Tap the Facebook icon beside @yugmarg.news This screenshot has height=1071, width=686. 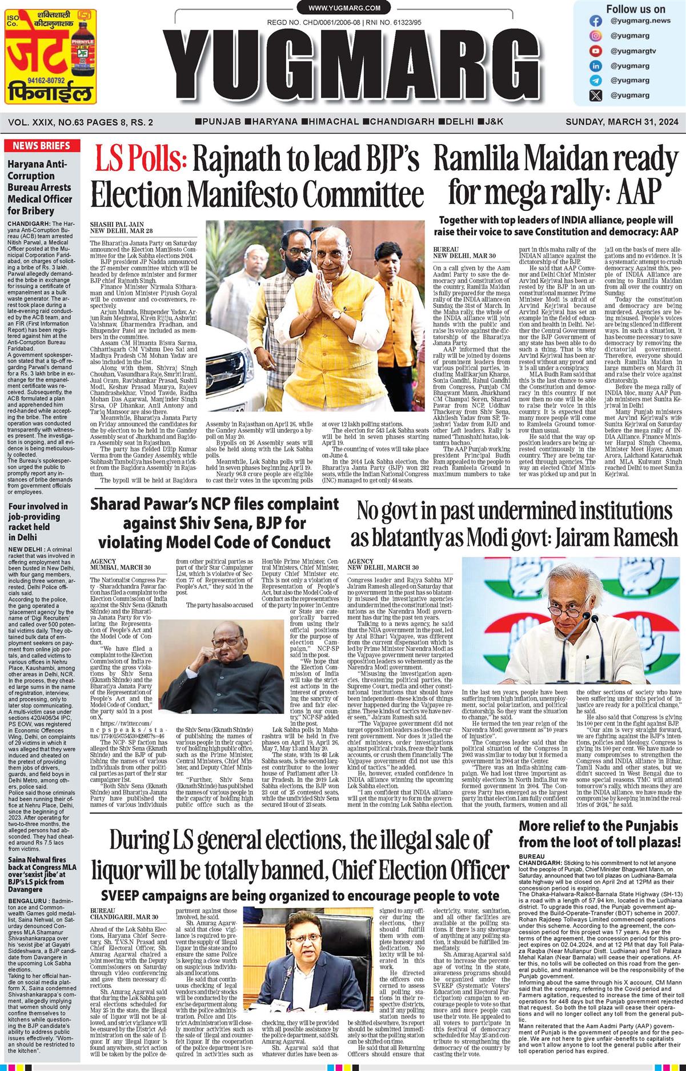[x=596, y=21]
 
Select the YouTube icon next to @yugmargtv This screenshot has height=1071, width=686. [x=596, y=51]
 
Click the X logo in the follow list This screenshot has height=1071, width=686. [x=596, y=95]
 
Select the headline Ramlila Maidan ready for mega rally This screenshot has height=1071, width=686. [x=556, y=175]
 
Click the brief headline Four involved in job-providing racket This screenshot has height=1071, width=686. [x=38, y=522]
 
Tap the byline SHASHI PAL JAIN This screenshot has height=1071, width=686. [x=112, y=225]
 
